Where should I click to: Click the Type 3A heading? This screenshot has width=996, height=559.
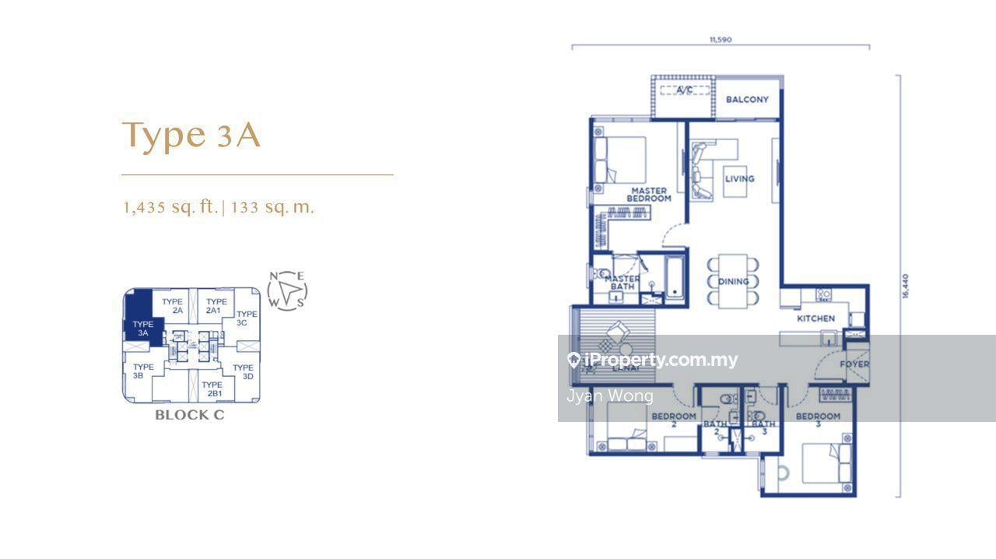191,135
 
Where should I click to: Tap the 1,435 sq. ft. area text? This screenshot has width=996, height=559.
170,207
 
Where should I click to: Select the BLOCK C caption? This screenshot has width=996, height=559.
189,415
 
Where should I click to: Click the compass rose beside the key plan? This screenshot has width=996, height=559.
287,290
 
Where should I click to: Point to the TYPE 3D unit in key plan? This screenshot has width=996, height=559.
244,372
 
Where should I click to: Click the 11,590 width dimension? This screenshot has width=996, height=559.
721,39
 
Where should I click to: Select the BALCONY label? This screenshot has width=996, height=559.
747,100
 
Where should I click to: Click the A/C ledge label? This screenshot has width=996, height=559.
684,90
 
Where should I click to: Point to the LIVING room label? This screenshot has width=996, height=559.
739,178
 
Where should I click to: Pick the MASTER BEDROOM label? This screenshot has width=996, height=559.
650,195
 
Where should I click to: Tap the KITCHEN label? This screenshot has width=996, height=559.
815,318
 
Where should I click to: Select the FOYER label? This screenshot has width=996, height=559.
854,364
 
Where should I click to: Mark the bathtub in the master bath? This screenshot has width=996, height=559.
674,276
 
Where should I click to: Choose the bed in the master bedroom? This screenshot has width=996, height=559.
620,160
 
